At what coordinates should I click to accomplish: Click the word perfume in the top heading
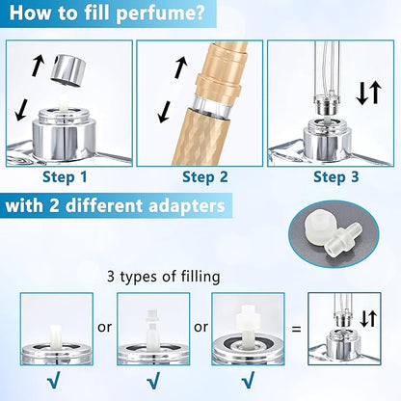click(x=161, y=13)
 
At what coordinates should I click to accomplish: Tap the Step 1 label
click(x=65, y=176)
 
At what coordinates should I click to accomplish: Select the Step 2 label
click(x=205, y=176)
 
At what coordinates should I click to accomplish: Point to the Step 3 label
click(x=335, y=176)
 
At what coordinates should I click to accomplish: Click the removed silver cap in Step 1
click(x=68, y=70)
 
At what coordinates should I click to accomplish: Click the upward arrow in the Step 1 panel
click(x=38, y=66)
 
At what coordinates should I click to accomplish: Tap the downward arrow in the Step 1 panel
click(x=21, y=110)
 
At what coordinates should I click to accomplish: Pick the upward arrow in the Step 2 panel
click(x=181, y=67)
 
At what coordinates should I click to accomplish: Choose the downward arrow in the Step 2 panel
click(x=164, y=112)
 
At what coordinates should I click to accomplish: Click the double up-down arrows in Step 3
click(x=369, y=94)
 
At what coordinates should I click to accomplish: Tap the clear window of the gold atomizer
click(x=212, y=103)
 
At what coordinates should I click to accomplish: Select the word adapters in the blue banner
click(x=187, y=206)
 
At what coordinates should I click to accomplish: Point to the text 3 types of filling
click(x=164, y=277)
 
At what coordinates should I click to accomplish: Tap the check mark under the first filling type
click(x=53, y=381)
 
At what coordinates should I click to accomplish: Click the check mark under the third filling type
click(x=248, y=381)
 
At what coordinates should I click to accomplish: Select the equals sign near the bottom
click(x=296, y=329)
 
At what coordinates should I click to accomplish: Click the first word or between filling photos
click(x=105, y=328)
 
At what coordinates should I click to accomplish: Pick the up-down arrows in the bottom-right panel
click(x=368, y=319)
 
